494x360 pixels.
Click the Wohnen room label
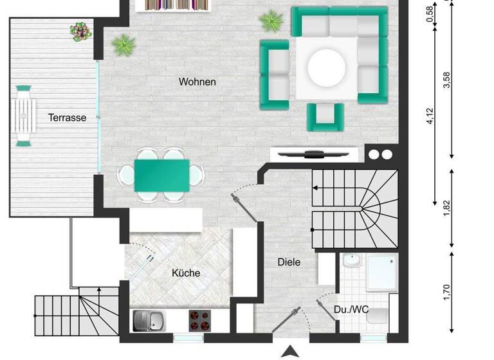tap(197, 82)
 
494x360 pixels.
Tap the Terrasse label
tap(67, 118)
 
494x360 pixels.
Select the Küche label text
tap(185, 273)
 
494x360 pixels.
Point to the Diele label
tap(289, 262)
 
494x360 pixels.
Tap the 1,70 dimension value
tap(448, 293)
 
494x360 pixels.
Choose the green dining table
tap(161, 175)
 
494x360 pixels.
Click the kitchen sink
tap(149, 319)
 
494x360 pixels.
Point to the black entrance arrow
tap(290, 351)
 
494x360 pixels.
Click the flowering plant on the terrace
tap(80, 30)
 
